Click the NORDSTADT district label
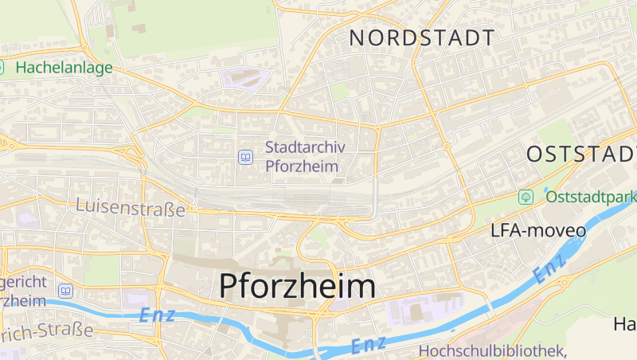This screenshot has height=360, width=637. (x=422, y=37)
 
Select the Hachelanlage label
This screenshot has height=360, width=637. (x=64, y=68)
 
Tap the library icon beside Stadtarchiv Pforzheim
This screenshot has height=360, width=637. (x=245, y=157)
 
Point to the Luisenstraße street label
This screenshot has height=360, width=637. (x=131, y=207)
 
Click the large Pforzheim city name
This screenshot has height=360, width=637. (x=297, y=287)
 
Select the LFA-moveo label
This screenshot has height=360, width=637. (x=538, y=231)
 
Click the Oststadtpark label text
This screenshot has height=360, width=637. (x=590, y=195)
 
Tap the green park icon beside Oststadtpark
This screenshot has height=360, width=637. (x=526, y=196)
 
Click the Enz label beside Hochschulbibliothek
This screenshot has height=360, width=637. (x=369, y=345)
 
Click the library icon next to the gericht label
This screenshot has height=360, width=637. (x=65, y=292)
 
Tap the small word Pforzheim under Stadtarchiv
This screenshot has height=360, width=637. (x=302, y=166)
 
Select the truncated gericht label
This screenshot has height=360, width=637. (x=24, y=283)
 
